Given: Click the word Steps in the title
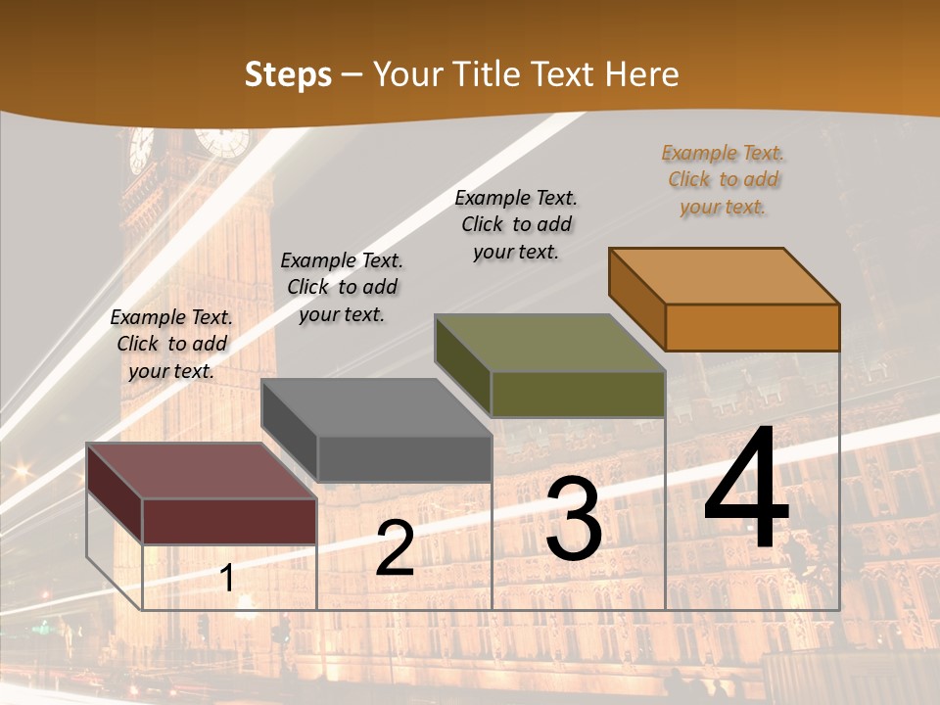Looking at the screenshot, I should coord(288,74).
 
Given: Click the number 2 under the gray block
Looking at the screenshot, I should coord(395,548).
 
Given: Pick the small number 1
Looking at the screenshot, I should coord(226,578).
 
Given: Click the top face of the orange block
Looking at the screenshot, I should coord(724,276).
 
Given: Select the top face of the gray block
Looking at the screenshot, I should coord(377,407).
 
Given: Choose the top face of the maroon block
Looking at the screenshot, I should coord(202,471).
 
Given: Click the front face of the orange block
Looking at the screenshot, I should coord(752,327).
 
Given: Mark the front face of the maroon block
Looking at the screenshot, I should coord(229,521).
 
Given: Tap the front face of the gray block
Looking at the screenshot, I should coord(404,458).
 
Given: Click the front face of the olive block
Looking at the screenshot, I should coord(578,394).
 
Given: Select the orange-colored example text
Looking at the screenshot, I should coord(723,180).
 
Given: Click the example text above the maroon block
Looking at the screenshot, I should coord(171,344).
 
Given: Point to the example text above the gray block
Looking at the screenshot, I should coord(342,287).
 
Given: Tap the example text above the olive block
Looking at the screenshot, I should coord(516,224).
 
